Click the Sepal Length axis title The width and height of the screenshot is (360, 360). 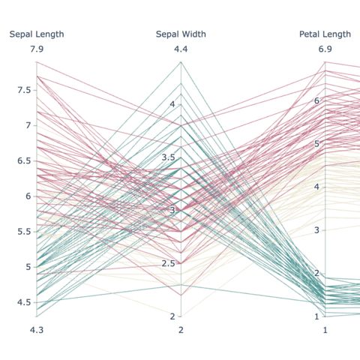coord(36,34)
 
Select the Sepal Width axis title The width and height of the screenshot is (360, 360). coord(181,34)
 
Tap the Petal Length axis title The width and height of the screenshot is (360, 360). coord(325,34)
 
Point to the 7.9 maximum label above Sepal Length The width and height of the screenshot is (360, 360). coord(36,49)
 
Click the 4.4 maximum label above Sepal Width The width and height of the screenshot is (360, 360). coord(181,49)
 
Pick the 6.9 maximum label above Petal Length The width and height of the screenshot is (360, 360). coord(325,49)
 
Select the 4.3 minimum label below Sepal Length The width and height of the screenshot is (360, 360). coord(36,330)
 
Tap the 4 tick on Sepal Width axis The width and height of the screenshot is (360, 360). coord(171,104)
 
